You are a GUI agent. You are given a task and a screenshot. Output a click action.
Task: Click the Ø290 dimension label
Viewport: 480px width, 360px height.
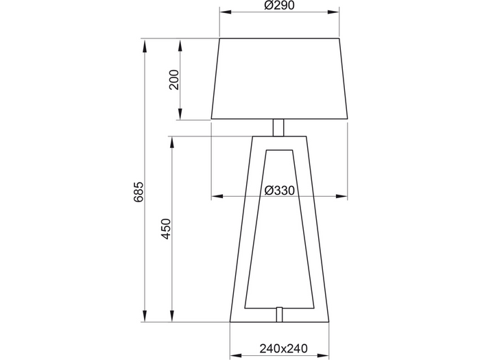pyautogui.click(x=279, y=5)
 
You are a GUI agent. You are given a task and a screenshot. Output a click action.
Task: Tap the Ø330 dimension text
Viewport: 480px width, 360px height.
pyautogui.click(x=280, y=191)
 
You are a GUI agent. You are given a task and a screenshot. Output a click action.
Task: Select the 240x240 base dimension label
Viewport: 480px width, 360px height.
pyautogui.click(x=283, y=348)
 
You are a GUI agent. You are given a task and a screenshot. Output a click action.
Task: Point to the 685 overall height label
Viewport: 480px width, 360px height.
pyautogui.click(x=139, y=192)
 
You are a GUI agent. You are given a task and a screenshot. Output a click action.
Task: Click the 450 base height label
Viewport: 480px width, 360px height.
pyautogui.click(x=166, y=229)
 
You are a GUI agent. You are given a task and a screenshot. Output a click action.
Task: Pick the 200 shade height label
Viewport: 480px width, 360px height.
pyautogui.click(x=174, y=80)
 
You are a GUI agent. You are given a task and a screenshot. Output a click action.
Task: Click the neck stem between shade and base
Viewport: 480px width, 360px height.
pyautogui.click(x=278, y=128)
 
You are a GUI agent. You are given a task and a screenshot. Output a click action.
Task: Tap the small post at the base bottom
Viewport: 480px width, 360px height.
pyautogui.click(x=279, y=314)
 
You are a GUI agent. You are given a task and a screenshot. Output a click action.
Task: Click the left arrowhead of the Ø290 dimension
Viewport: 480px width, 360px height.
pyautogui.click(x=226, y=12)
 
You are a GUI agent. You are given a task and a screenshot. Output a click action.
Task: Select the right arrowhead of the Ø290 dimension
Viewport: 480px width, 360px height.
pyautogui.click(x=333, y=12)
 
